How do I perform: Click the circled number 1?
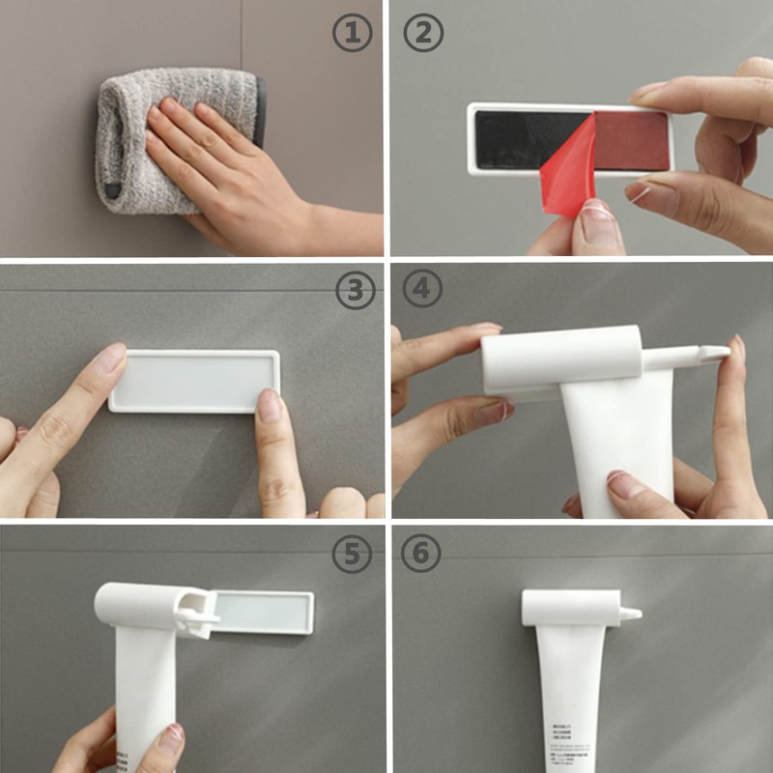point(352,34)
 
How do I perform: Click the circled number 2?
point(423,34)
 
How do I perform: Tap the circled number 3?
point(353,290)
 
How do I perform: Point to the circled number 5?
point(352,553)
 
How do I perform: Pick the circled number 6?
point(422,553)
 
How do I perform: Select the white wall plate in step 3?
point(193,381)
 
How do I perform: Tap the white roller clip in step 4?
point(560,358)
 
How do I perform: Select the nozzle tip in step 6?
point(634,614)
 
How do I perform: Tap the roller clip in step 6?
point(570,607)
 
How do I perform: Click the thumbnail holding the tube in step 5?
point(170,739)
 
